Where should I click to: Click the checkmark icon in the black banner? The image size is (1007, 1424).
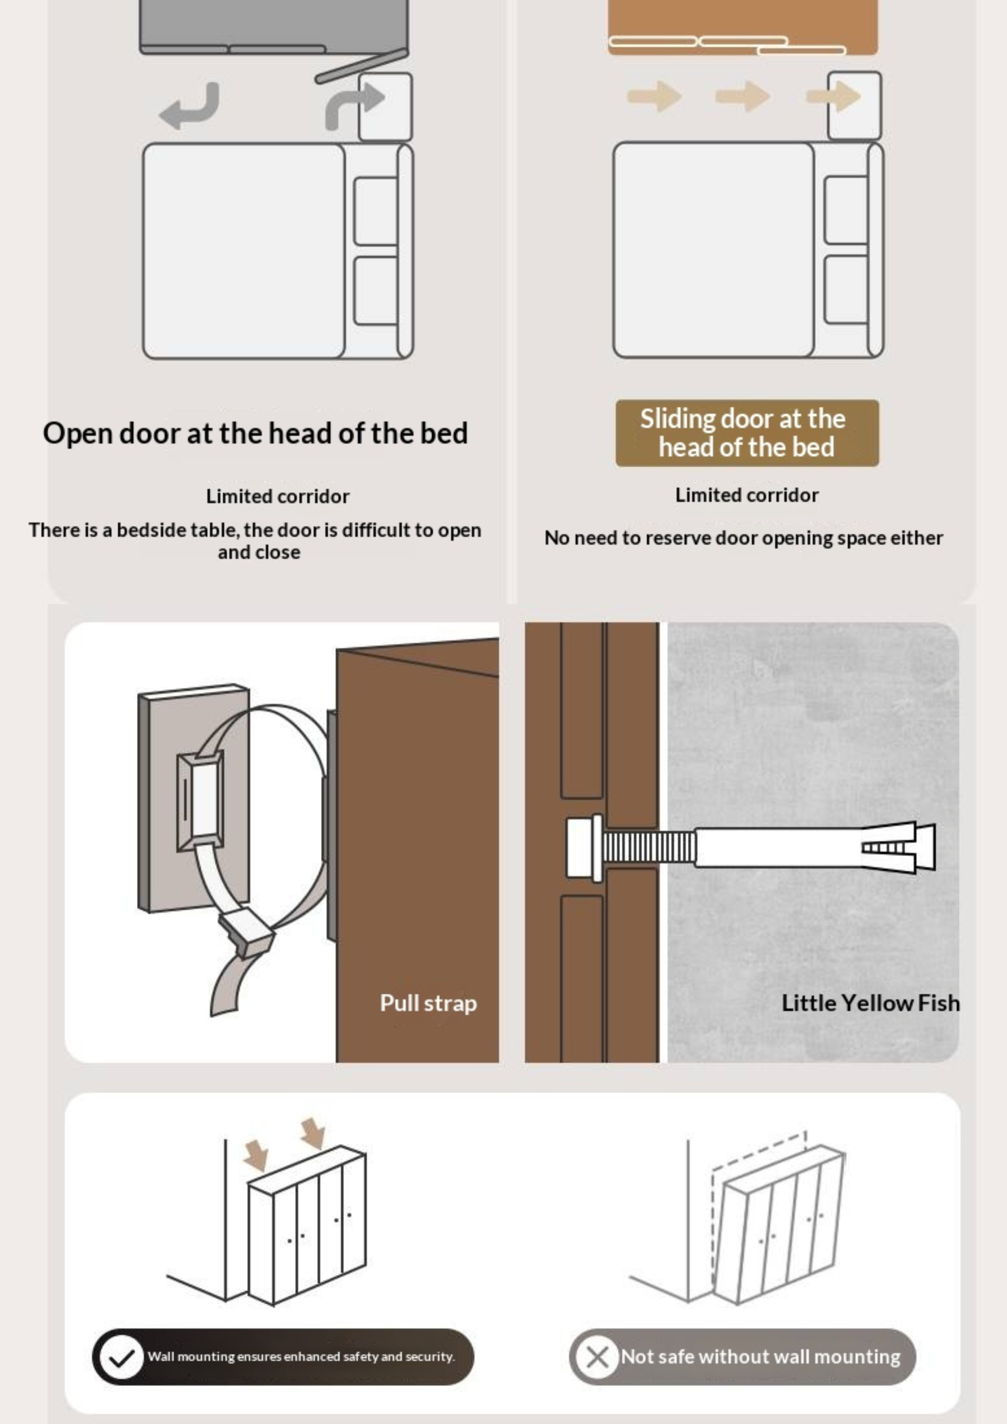(x=121, y=1357)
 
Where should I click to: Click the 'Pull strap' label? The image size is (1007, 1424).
(x=428, y=1003)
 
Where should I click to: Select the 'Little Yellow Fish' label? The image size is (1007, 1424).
(x=870, y=1003)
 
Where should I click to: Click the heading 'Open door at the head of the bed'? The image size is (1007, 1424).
(x=255, y=433)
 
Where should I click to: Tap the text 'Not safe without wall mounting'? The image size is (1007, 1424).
(x=760, y=1357)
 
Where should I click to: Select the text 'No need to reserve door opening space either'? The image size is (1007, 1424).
(x=743, y=538)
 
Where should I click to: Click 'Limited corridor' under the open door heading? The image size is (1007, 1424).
(x=277, y=496)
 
